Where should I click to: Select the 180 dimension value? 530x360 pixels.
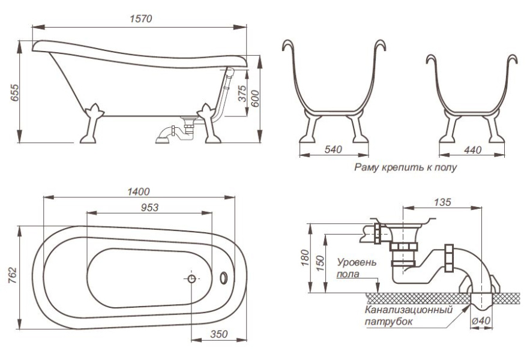307,257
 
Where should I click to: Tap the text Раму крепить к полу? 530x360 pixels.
405,167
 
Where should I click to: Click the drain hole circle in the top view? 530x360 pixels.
192,278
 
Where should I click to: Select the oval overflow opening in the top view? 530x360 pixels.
223,278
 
